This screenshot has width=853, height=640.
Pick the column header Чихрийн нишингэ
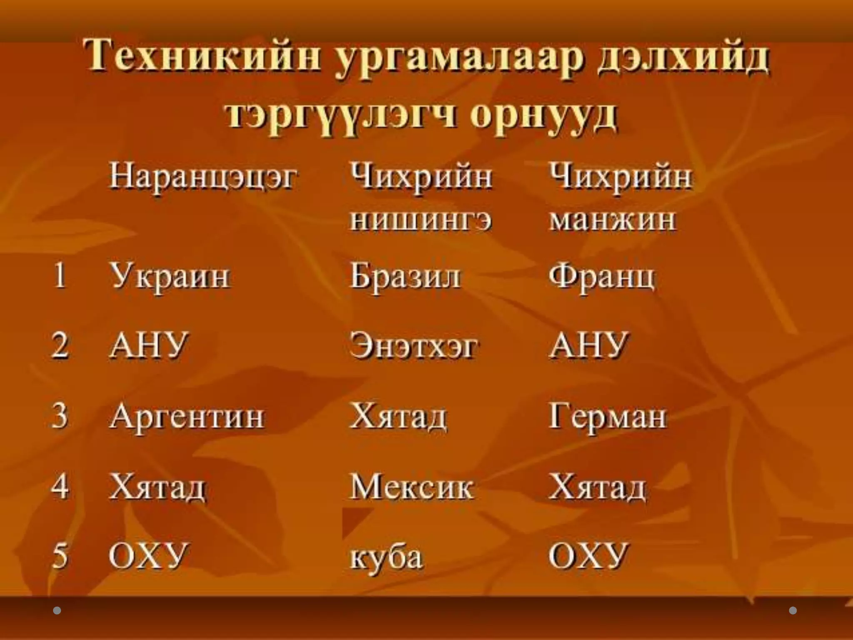421,197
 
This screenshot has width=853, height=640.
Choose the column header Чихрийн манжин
621,197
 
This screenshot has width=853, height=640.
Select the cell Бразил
406,276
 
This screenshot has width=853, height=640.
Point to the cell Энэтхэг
414,346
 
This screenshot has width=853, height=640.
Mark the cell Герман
608,416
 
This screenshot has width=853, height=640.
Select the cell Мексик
412,486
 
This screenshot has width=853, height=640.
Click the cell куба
387,557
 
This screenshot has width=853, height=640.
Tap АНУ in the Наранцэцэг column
149,345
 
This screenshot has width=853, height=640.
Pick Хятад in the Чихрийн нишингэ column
398,416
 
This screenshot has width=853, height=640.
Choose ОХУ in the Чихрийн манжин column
588,556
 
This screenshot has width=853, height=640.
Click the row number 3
60,416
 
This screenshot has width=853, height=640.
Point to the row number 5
60,556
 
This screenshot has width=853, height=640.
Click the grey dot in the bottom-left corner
57,610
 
